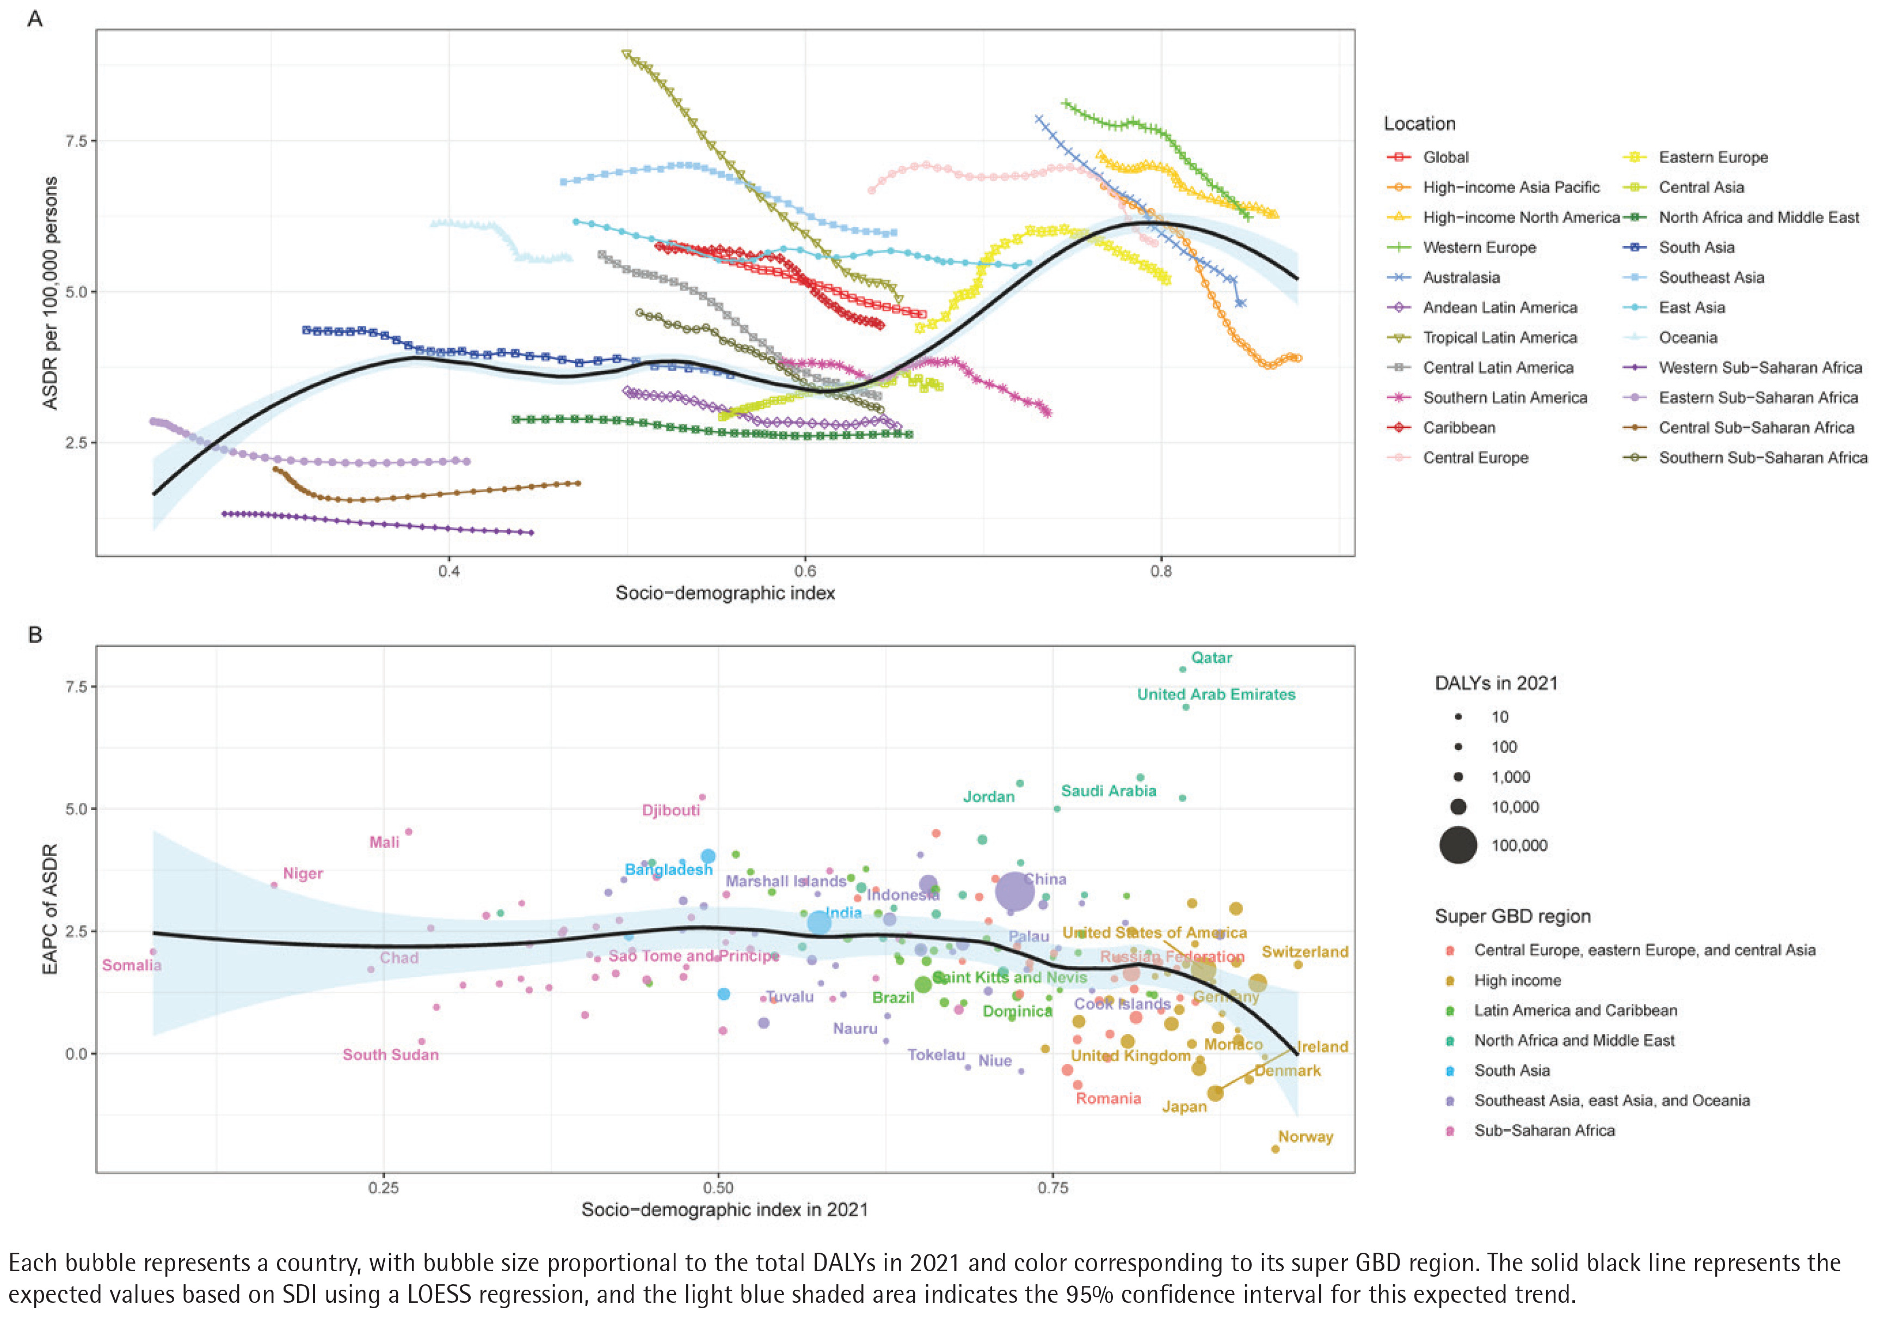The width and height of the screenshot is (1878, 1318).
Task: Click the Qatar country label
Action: pos(1211,657)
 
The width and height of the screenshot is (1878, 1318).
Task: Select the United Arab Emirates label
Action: pos(1216,694)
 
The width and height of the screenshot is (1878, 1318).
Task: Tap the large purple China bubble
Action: pos(1013,890)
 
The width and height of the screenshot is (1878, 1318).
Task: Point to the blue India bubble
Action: pos(819,922)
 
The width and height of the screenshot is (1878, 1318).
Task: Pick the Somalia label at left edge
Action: pos(132,965)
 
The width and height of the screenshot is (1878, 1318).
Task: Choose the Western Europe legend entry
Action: pos(1479,247)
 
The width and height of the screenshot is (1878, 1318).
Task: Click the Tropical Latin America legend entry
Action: pos(1499,337)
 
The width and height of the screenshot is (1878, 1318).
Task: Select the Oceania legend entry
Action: pos(1688,337)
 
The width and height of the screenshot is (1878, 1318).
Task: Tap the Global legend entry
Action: pos(1445,157)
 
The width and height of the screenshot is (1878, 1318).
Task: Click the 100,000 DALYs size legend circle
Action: pos(1458,845)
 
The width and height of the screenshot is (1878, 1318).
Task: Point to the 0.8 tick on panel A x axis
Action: pos(1161,571)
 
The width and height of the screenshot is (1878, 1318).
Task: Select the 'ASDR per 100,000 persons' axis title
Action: pos(51,293)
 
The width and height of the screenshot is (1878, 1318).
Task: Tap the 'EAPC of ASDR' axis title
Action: pos(51,908)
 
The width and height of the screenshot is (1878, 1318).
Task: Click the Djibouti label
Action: pos(670,810)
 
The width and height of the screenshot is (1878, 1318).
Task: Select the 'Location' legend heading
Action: pos(1419,123)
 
